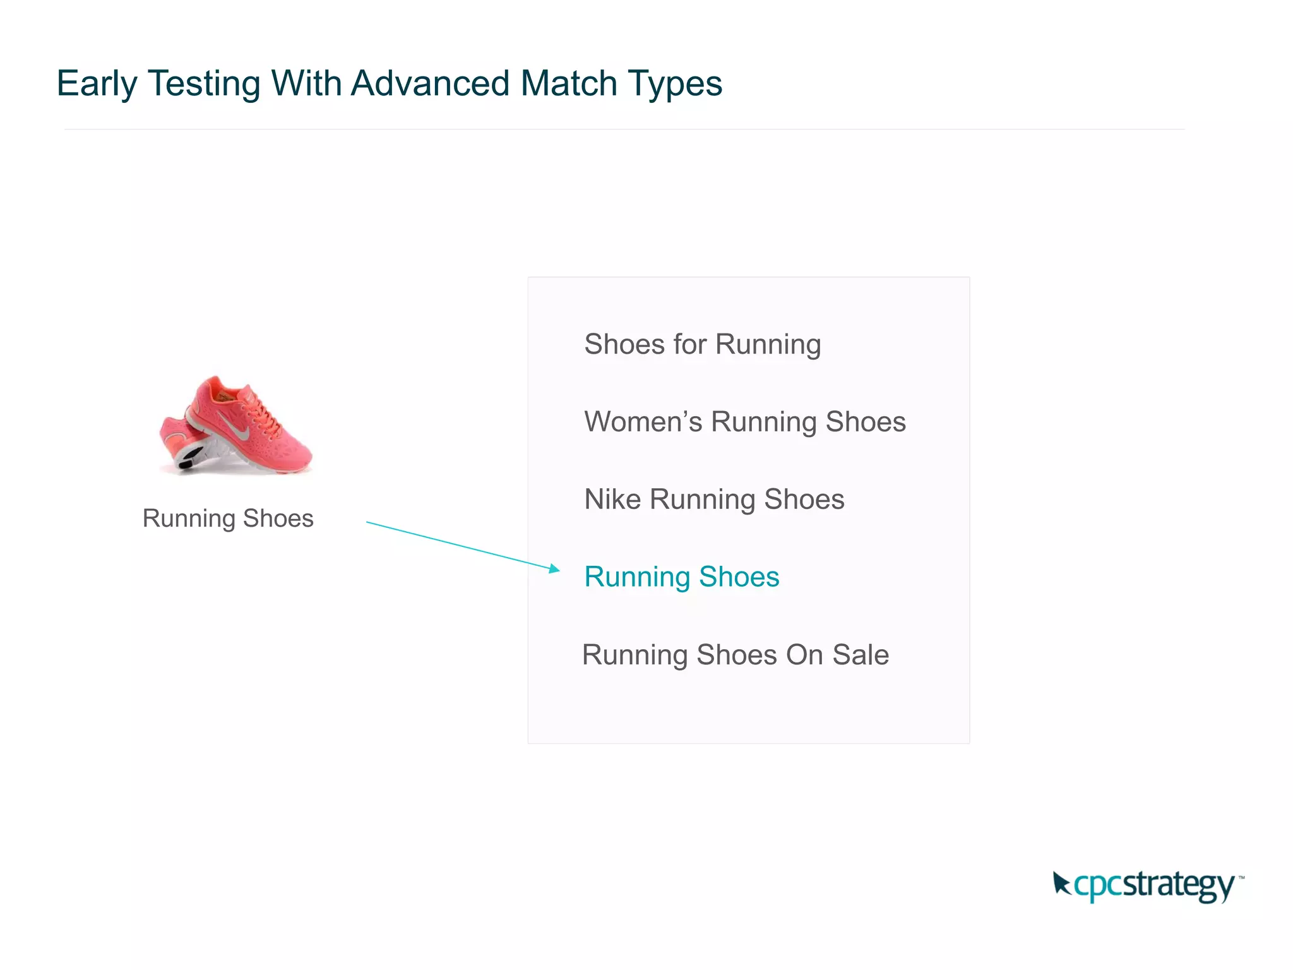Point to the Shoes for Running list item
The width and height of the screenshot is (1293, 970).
point(702,345)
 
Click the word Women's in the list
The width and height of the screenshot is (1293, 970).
point(643,422)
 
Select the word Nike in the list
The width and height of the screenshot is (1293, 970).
point(612,500)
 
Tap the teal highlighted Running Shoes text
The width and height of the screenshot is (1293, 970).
point(681,577)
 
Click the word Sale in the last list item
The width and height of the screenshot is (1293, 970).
point(861,655)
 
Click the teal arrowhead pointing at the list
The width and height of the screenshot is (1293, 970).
point(554,569)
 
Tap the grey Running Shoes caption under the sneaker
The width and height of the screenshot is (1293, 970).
point(228,518)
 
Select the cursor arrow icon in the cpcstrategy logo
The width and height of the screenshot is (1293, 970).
point(1061,883)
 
